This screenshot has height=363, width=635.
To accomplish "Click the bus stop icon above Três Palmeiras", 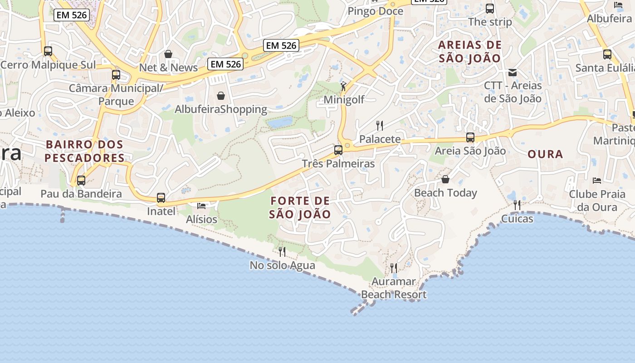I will (338, 150).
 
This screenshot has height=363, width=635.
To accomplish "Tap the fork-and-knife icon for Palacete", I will (380, 125).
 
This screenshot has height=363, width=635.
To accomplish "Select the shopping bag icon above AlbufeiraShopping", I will (221, 95).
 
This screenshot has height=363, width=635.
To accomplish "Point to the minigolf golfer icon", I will (344, 86).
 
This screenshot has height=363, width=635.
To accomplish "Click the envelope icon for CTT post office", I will (513, 72).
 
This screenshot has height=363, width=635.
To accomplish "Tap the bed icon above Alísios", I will (202, 206).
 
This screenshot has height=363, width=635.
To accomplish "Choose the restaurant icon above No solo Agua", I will (282, 251).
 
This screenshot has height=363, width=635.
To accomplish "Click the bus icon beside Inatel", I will (161, 197).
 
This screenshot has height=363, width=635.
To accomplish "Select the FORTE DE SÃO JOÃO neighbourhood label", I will (300, 207).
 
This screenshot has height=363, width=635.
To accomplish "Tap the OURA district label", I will (545, 154).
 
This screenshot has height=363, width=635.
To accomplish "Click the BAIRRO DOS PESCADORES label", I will (84, 151).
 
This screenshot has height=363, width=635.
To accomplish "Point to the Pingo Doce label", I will (375, 11).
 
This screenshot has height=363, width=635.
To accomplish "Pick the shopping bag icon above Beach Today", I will (445, 179).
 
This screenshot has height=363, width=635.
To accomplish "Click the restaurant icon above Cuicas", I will (517, 205).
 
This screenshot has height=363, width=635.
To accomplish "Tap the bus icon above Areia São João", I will (470, 137).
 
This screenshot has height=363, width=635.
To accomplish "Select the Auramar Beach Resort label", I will (394, 288).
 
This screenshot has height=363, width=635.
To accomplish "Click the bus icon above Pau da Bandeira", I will (81, 180).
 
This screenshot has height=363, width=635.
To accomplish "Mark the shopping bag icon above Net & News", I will (168, 54).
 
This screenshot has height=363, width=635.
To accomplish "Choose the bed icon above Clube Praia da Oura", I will (597, 180).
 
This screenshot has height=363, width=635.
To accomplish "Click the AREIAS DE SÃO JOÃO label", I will (470, 51).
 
